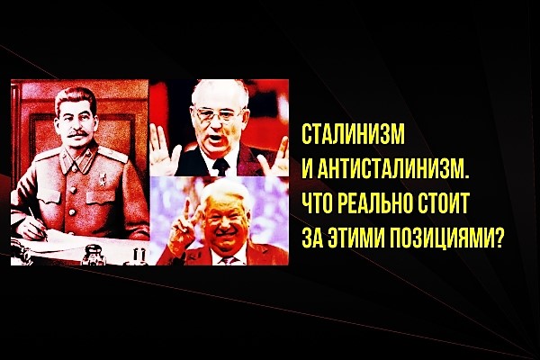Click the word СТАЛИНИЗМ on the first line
click(x=354, y=134)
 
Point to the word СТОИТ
click(x=444, y=202)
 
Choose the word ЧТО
click(x=316, y=202)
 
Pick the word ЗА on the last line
click(x=312, y=237)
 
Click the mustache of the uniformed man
click(x=77, y=133)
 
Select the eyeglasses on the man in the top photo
click(x=218, y=113)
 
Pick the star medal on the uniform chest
click(x=103, y=179)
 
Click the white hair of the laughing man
click(x=223, y=193)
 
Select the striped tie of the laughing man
click(x=229, y=259)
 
